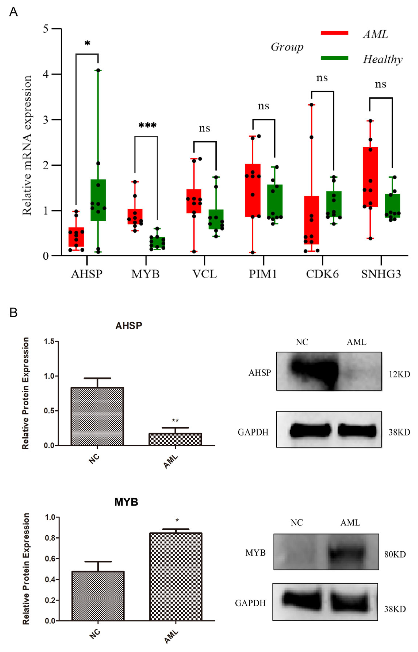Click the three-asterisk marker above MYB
coord(147,126)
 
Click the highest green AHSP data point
coord(98,70)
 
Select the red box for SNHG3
coord(370,177)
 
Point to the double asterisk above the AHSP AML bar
coord(175,420)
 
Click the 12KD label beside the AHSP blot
coord(399,374)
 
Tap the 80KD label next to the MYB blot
coord(395,554)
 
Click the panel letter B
coord(13,312)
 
